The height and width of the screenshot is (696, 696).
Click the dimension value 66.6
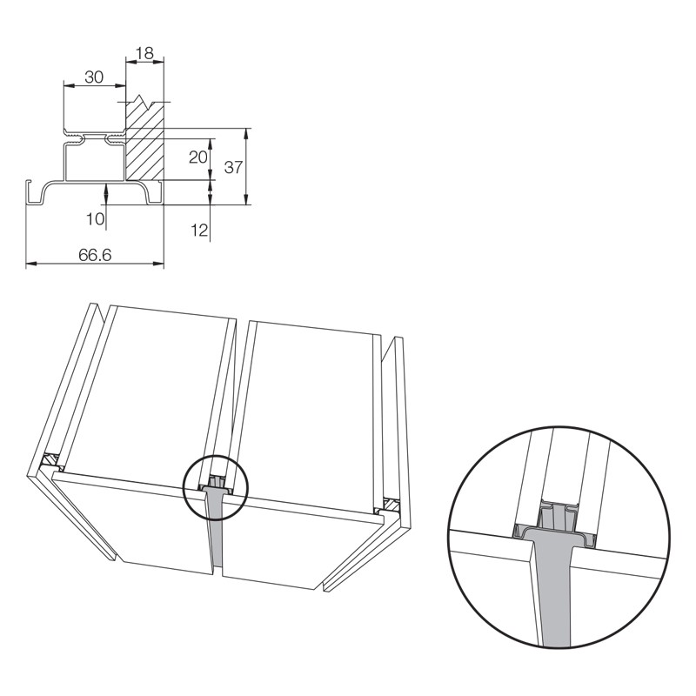point(95,255)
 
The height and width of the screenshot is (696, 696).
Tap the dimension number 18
point(144,53)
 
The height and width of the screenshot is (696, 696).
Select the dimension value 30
point(94,77)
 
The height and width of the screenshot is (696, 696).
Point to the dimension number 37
point(233,167)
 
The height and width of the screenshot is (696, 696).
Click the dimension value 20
point(198,157)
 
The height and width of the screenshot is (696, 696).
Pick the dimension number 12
point(199,230)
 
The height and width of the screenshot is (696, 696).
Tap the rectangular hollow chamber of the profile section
point(95,162)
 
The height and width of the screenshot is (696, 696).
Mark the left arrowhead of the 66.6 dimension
point(30,264)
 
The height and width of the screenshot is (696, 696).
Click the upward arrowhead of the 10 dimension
point(106,188)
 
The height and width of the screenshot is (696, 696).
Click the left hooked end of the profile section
point(29,191)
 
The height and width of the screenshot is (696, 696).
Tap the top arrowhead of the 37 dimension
point(246,134)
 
